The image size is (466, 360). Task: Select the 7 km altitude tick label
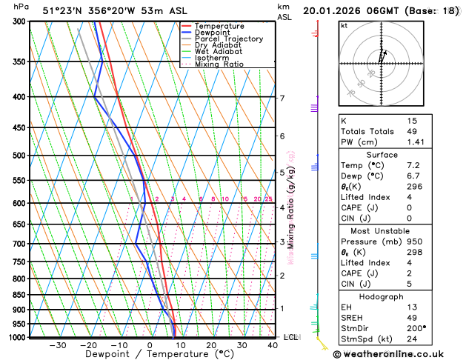pyautogui.click(x=282, y=98)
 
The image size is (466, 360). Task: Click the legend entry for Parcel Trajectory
pyautogui.click(x=228, y=39)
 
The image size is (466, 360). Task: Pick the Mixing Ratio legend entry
pyautogui.click(x=219, y=64)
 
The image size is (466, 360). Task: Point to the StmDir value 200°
pyautogui.click(x=416, y=327)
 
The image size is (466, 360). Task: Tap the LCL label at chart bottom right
pyautogui.click(x=291, y=337)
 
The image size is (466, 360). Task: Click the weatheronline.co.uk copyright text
pyautogui.click(x=396, y=353)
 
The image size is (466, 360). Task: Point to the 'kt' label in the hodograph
pyautogui.click(x=344, y=26)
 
